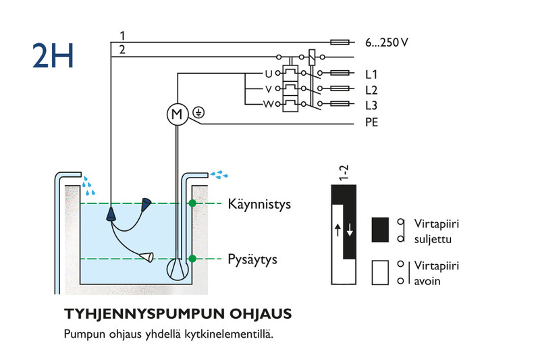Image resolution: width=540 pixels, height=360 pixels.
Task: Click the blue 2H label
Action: point(53,55)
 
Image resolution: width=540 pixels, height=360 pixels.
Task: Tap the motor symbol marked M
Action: point(178,114)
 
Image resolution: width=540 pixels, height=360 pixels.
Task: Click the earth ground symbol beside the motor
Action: point(198,112)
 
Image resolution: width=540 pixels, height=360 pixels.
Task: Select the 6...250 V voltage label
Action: point(387,43)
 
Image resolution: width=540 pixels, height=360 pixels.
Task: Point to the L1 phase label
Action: point(371,74)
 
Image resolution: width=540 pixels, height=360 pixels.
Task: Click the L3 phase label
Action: point(371,105)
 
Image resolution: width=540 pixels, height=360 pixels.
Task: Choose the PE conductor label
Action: point(372,122)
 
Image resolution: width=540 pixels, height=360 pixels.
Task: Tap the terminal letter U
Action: point(268,74)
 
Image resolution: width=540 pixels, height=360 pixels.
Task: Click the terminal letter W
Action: point(268,104)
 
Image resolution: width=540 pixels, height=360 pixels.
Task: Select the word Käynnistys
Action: point(259,204)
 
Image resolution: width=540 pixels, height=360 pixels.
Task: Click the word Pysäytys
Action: point(252,259)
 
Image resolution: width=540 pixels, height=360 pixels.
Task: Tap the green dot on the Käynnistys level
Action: point(192,203)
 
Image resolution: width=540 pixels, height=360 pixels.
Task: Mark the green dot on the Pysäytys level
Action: point(192,259)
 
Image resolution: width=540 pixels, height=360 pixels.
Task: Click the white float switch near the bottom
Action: point(146,257)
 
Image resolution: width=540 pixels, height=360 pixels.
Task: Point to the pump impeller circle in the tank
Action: point(178,269)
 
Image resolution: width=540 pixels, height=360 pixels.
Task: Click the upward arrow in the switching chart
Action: point(338,230)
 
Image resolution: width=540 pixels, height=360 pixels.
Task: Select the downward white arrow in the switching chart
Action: point(350,230)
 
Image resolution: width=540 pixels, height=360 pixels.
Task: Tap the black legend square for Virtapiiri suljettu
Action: point(380,230)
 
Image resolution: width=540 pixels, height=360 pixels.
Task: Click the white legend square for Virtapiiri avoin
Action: point(380,272)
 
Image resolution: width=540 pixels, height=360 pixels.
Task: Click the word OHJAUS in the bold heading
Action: point(261,314)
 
